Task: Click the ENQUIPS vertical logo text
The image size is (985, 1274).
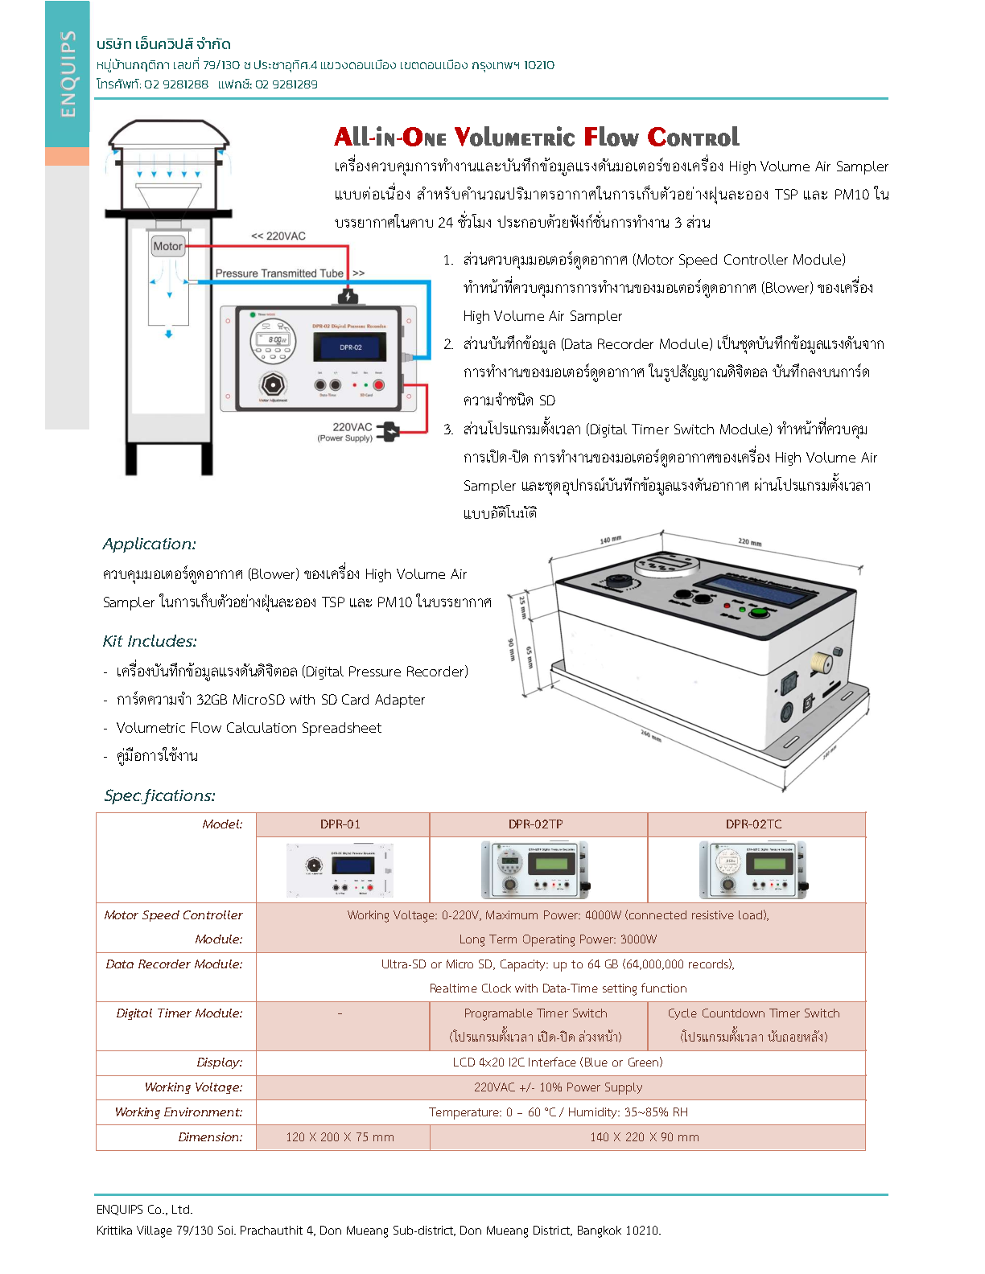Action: (68, 74)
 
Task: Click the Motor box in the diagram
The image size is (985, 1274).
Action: (167, 246)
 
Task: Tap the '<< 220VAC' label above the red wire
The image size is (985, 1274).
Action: (278, 236)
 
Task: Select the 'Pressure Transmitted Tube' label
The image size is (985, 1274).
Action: (279, 273)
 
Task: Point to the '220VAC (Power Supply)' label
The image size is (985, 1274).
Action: (347, 432)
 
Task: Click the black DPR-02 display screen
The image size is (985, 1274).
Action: (350, 347)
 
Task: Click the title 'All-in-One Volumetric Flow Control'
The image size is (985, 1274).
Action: (537, 138)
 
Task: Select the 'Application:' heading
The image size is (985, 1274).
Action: (150, 545)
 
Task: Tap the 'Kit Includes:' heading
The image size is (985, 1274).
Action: (150, 642)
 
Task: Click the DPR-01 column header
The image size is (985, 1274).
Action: (340, 824)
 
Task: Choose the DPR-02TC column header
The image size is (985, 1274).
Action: (753, 824)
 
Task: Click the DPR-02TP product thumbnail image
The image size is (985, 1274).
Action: (535, 869)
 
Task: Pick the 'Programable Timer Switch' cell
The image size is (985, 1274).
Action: (535, 1013)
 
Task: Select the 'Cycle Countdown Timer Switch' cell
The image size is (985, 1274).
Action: (753, 1013)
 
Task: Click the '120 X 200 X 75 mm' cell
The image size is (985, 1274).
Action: (340, 1137)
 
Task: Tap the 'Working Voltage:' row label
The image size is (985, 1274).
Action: (193, 1087)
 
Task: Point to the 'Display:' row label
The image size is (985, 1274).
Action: (219, 1062)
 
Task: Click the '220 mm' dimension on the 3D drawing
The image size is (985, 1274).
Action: (749, 542)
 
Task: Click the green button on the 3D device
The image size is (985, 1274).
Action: (757, 612)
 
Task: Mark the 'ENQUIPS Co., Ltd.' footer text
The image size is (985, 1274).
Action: (145, 1210)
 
